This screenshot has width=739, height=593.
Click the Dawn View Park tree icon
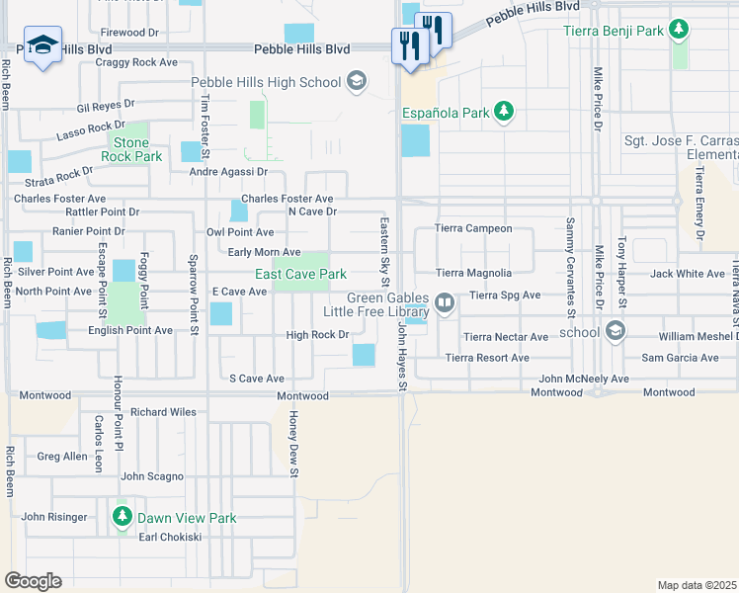(123, 517)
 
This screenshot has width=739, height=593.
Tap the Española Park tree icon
(504, 112)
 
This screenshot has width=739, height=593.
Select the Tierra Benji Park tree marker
(678, 31)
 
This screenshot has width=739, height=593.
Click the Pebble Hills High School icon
(358, 82)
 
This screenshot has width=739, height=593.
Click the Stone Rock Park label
(131, 149)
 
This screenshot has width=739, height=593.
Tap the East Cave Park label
(300, 274)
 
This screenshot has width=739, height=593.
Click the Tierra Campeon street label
(474, 228)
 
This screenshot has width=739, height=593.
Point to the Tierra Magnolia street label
(474, 273)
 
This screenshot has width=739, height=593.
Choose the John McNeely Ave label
(584, 379)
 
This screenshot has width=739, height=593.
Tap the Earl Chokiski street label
(170, 537)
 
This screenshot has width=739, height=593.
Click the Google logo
(33, 580)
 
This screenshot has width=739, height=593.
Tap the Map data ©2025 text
(697, 585)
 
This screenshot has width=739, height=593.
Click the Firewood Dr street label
(129, 33)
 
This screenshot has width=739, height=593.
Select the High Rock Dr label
(318, 335)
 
